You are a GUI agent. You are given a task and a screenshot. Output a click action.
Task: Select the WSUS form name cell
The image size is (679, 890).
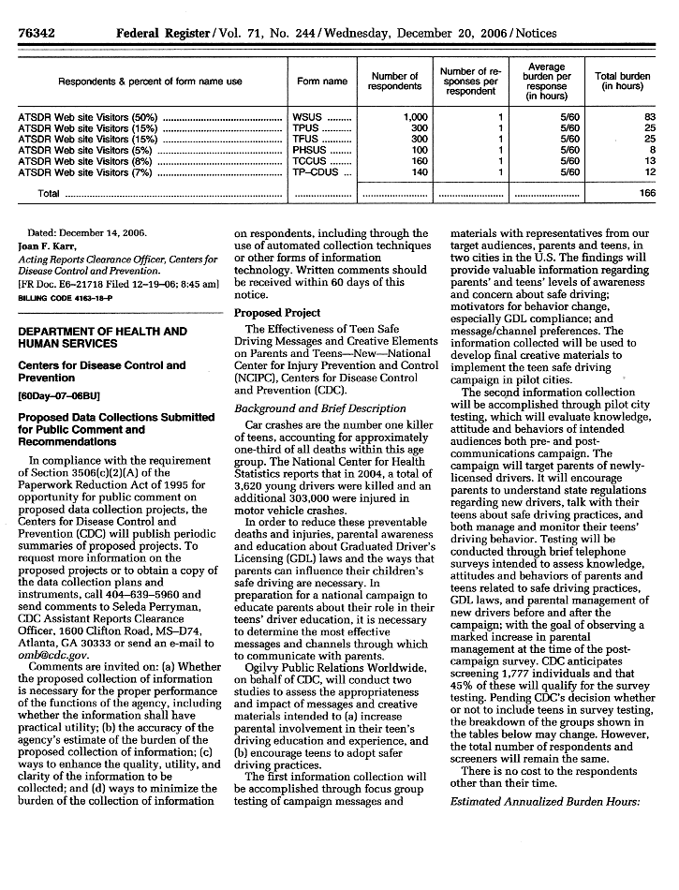(x=307, y=117)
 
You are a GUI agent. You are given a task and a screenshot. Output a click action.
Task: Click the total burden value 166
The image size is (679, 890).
(x=645, y=193)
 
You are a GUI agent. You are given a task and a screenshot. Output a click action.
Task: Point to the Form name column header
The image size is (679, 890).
(x=321, y=82)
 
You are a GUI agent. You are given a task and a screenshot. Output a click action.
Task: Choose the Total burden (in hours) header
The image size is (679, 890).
(x=622, y=82)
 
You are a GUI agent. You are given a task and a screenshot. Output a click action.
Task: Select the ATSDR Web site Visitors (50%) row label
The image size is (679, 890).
(x=88, y=117)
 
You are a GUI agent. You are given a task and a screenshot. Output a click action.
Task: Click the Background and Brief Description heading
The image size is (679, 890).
(x=319, y=408)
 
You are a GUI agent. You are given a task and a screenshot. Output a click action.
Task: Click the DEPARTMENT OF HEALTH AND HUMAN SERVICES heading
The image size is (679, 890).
(x=103, y=337)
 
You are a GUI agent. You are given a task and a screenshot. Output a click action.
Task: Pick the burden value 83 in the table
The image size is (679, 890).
(x=648, y=117)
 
